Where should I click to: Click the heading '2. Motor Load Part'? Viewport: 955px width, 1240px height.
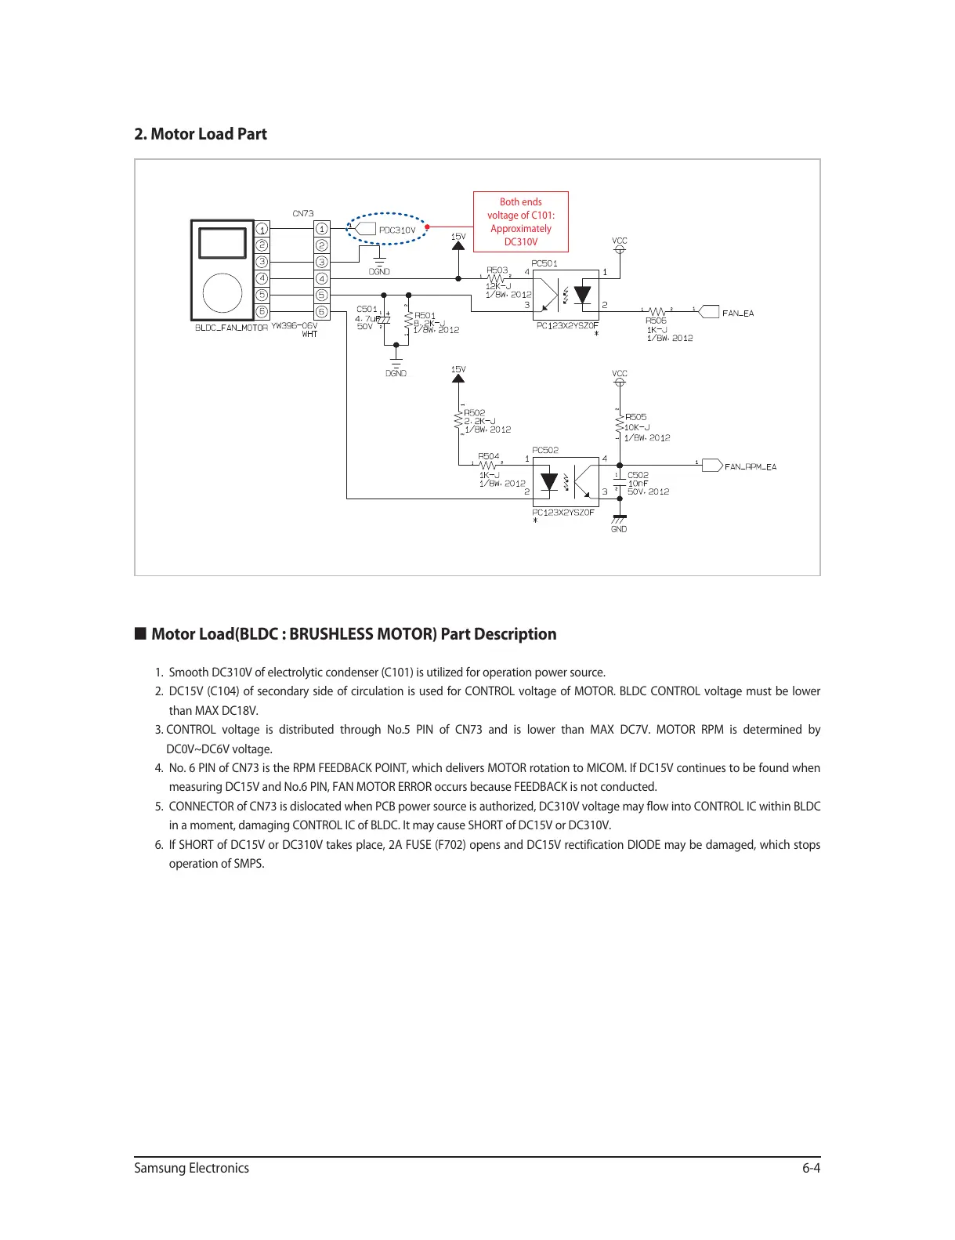[x=201, y=134]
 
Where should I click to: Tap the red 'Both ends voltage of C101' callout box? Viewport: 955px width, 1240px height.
[x=521, y=222]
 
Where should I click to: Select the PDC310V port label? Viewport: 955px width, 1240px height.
[x=396, y=230]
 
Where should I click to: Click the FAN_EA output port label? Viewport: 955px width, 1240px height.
[x=737, y=313]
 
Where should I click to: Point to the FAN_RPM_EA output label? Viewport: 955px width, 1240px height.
[x=750, y=466]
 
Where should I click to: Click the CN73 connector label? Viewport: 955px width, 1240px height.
[x=303, y=213]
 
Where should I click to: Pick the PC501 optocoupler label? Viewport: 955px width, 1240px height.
[x=544, y=263]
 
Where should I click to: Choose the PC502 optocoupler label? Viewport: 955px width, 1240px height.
[x=545, y=450]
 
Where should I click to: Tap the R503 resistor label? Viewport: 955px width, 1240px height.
[x=497, y=270]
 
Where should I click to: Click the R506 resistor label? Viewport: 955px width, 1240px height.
[x=657, y=321]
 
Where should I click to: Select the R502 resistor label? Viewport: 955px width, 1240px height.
[x=475, y=412]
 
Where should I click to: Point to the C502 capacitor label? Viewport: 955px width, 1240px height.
[x=638, y=475]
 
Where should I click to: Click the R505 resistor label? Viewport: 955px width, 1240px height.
[x=636, y=417]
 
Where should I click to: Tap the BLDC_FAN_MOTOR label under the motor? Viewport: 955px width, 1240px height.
[x=231, y=328]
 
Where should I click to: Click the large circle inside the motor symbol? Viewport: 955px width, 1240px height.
[x=222, y=294]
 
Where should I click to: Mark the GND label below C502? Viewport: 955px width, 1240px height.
[x=619, y=529]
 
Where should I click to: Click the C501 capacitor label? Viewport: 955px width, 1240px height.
[x=367, y=310]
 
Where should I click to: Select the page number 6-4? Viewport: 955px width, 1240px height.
[x=811, y=1168]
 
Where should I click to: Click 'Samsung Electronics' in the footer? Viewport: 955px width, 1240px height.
[x=191, y=1168]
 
